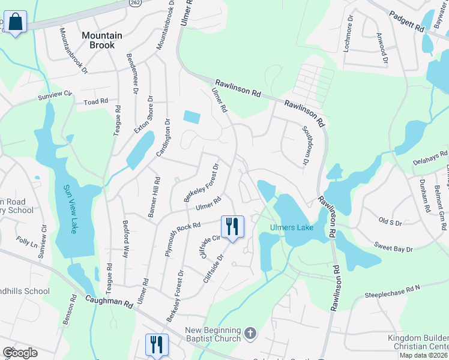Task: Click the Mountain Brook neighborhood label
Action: point(101,40)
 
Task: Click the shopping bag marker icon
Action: point(16,23)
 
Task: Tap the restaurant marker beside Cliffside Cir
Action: point(232,227)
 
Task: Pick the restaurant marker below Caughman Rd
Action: point(157,344)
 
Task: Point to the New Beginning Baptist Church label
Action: point(212,335)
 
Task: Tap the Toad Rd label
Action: point(95,102)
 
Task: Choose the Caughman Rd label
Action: point(109,301)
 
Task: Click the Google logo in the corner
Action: point(20,352)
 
